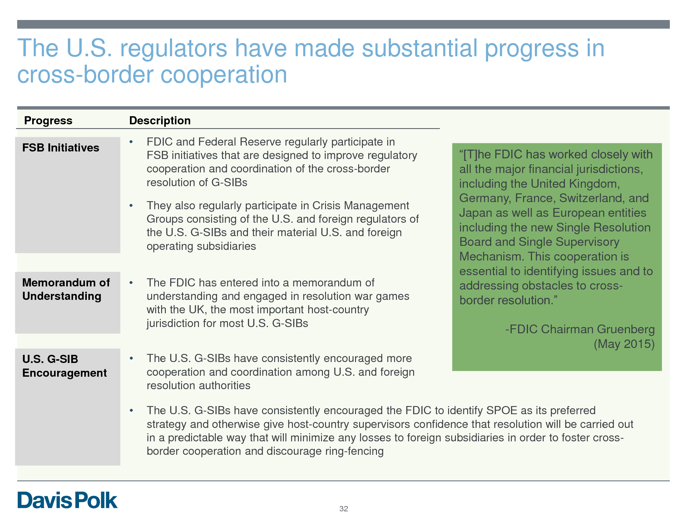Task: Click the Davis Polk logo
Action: pyautogui.click(x=67, y=500)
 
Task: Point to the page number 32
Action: pyautogui.click(x=343, y=509)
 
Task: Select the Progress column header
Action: pyautogui.click(x=48, y=121)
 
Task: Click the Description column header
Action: pyautogui.click(x=160, y=121)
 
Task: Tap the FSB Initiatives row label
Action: pyautogui.click(x=61, y=147)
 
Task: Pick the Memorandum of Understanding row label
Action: pyautogui.click(x=66, y=290)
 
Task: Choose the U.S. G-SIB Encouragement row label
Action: pyautogui.click(x=65, y=366)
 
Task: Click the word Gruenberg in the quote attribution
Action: pyautogui.click(x=626, y=329)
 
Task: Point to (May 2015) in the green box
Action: pyautogui.click(x=624, y=344)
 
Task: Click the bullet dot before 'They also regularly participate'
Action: pyautogui.click(x=131, y=206)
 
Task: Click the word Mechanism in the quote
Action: pyautogui.click(x=491, y=256)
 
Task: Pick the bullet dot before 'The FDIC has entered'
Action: pyautogui.click(x=131, y=283)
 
